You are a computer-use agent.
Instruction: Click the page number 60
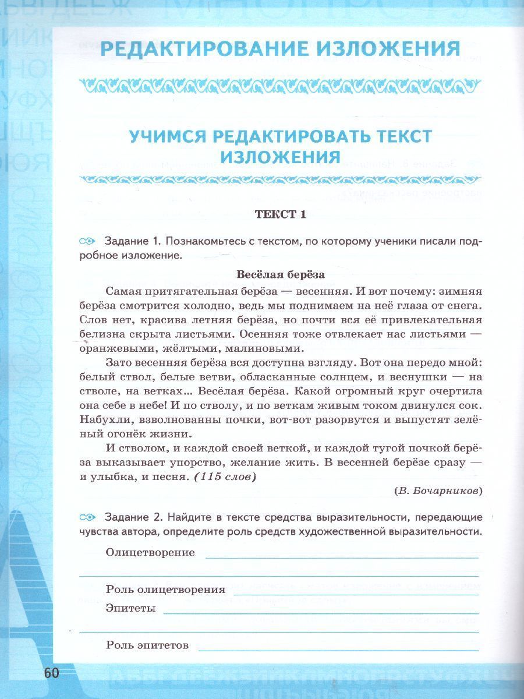[x=51, y=673]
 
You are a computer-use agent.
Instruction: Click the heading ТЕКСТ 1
[x=280, y=214]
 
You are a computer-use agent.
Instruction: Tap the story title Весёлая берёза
[x=280, y=274]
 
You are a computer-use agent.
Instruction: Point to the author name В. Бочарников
[x=438, y=490]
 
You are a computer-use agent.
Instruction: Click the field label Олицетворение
[x=150, y=553]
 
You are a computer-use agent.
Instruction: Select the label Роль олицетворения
[x=165, y=589]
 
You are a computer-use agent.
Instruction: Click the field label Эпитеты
[x=130, y=608]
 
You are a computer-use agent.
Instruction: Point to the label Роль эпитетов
[x=147, y=645]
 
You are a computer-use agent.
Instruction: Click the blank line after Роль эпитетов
[x=338, y=647]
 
